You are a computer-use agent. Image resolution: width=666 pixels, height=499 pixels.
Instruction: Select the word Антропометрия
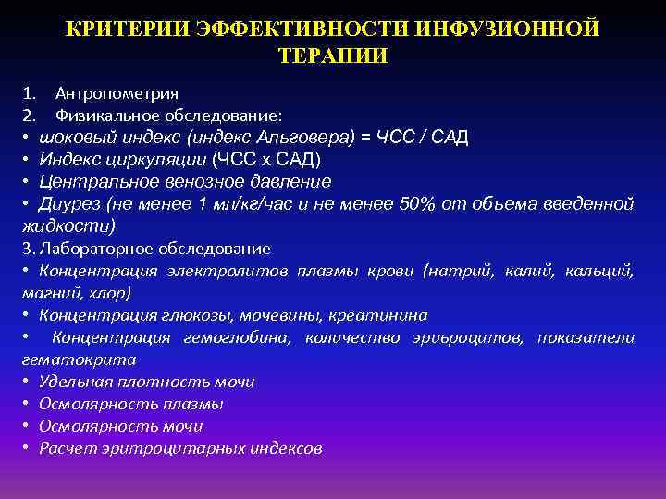pyautogui.click(x=117, y=93)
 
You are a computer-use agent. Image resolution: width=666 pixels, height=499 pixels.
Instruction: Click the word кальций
pyautogui.click(x=602, y=271)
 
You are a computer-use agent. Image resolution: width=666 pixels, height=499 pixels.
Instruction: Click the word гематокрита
pyautogui.click(x=78, y=359)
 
